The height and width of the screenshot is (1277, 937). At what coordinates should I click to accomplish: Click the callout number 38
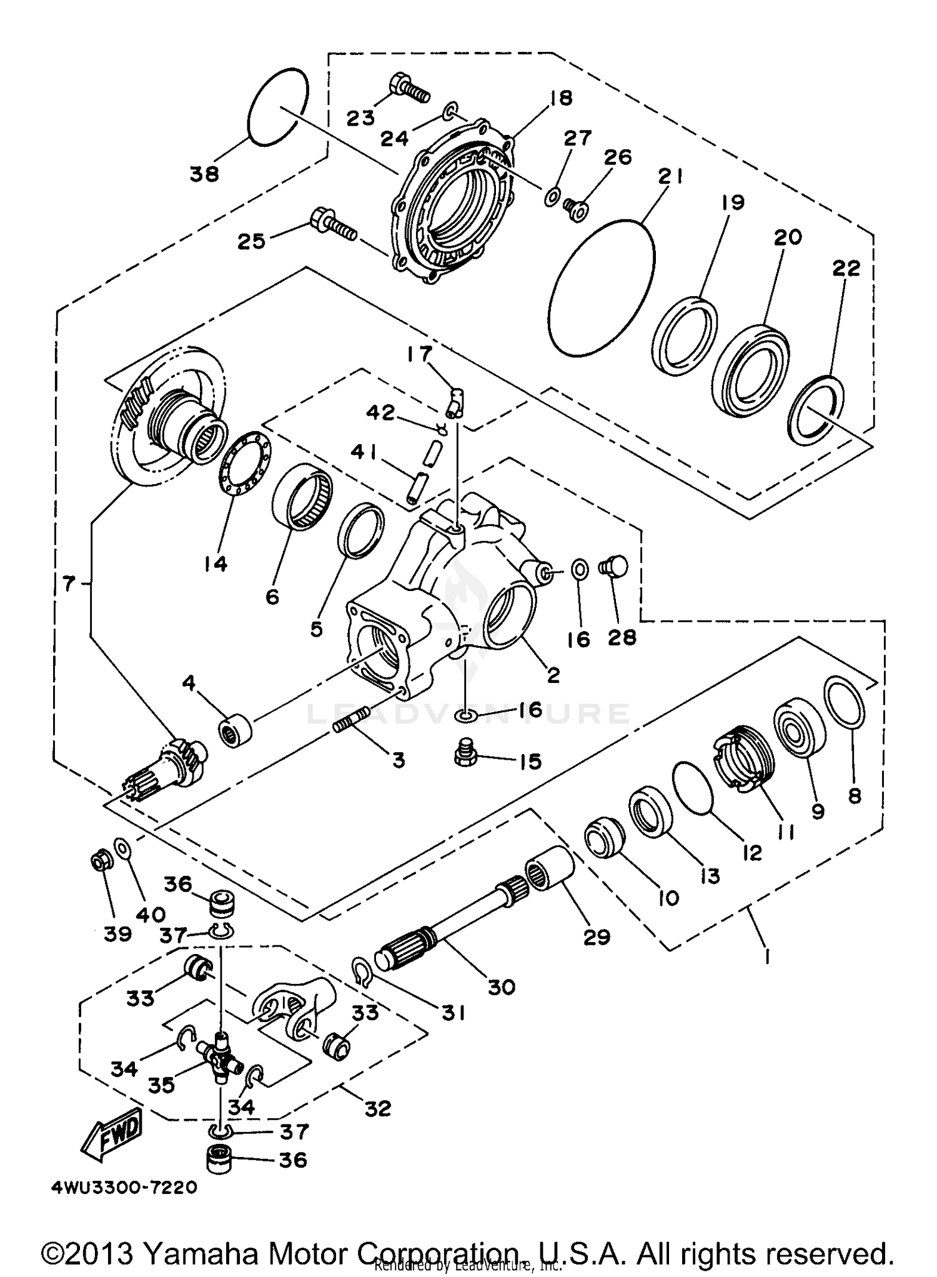coord(205,174)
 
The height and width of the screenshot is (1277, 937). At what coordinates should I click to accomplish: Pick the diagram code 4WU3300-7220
coord(124,1186)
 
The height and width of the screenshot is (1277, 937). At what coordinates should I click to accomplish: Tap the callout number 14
coord(215,564)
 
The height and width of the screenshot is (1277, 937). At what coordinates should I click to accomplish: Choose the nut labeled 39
coord(99,863)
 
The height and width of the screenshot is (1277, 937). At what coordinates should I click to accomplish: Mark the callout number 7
coord(69,584)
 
